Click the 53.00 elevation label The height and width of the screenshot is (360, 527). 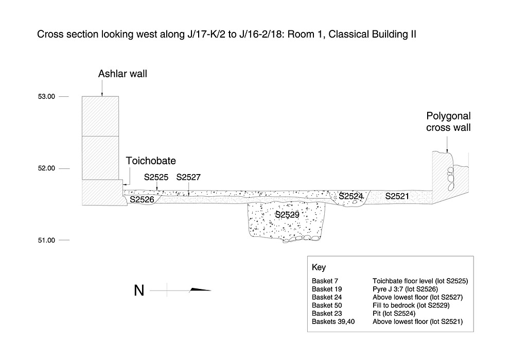pos(46,96)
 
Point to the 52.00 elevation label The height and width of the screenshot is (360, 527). pos(46,168)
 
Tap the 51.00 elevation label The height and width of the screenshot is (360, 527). pos(46,241)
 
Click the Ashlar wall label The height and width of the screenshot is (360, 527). pos(122,74)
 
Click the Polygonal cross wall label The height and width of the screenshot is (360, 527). pos(448,122)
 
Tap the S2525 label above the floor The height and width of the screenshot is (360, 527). pos(156,178)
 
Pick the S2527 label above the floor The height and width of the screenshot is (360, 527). pos(188,178)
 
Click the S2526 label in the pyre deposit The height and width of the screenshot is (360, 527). pos(142,199)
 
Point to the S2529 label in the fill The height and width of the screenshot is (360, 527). pos(287,215)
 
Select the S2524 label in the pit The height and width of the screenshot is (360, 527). pos(351,196)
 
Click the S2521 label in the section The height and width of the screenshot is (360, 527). pos(397,196)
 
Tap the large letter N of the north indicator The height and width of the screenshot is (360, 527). pos(139,291)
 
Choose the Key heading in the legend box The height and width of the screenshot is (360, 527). pos(319,268)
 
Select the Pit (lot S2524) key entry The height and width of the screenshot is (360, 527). pos(394,314)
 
